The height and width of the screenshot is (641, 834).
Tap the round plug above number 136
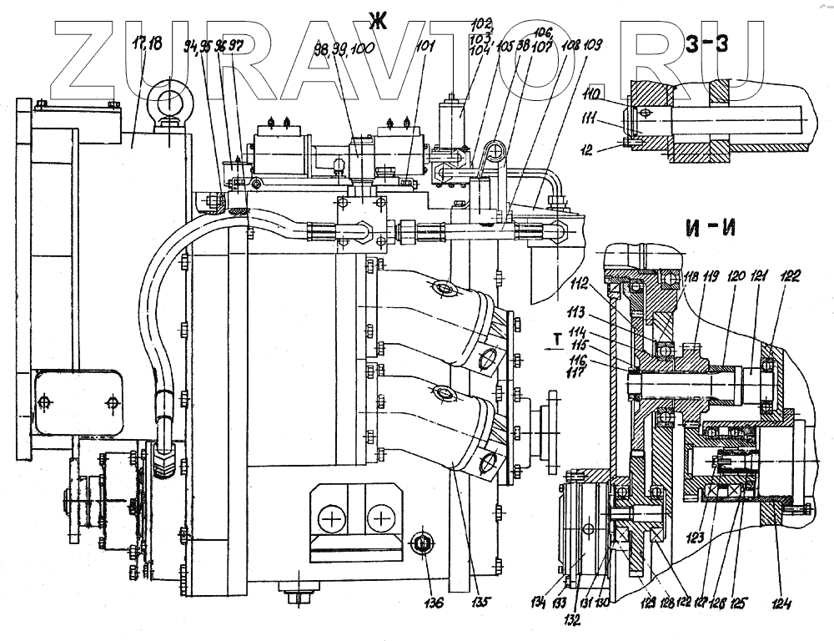coord(423,545)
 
